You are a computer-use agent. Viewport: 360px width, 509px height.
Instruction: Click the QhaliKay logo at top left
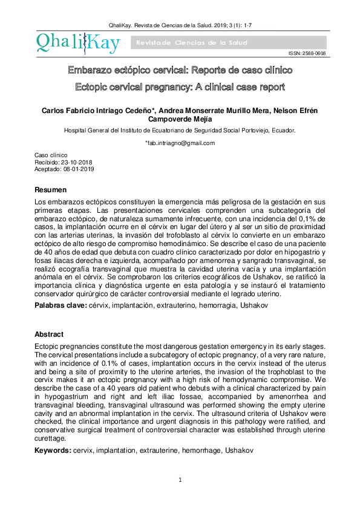77,41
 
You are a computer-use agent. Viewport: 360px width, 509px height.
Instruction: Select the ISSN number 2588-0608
307,54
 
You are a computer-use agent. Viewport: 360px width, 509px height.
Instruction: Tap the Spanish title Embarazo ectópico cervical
180,71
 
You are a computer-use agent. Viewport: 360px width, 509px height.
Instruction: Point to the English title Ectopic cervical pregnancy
180,87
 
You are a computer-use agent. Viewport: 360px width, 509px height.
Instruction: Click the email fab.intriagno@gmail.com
180,143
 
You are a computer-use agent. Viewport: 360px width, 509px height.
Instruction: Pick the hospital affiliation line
180,130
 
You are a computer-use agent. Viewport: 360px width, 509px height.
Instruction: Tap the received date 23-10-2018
76,163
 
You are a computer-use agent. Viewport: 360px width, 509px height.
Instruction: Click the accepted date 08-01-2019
77,169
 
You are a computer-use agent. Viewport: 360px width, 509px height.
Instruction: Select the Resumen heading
51,190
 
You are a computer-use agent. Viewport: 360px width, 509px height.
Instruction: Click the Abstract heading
49,334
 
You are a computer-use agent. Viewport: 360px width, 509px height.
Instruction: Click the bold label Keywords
53,450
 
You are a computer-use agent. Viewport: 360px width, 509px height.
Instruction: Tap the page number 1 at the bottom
180,480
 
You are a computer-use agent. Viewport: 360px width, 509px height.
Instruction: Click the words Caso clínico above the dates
51,156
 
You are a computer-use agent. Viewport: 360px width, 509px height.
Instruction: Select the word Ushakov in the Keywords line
239,450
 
